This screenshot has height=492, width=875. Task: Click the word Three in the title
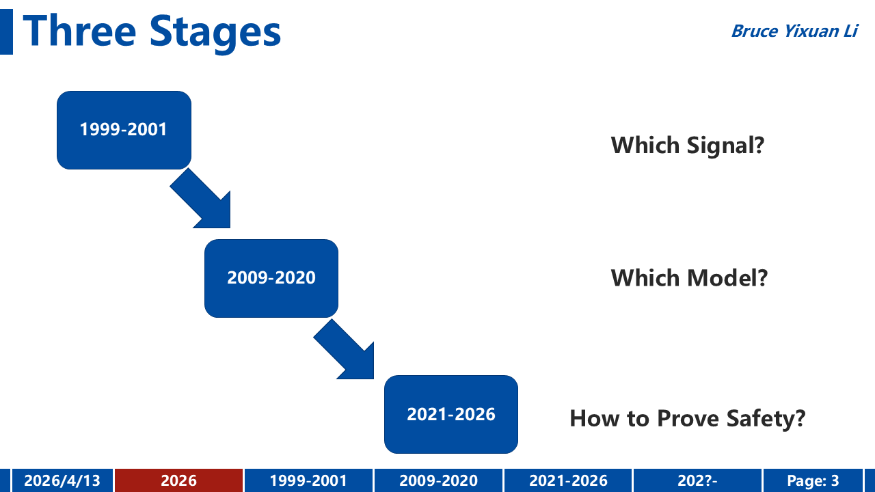pyautogui.click(x=80, y=31)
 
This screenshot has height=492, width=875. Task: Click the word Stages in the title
pyautogui.click(x=215, y=33)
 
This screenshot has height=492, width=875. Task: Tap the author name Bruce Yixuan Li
pyautogui.click(x=794, y=31)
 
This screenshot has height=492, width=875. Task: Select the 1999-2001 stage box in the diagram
pyautogui.click(x=124, y=130)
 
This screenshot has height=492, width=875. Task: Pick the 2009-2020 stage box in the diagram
pyautogui.click(x=271, y=278)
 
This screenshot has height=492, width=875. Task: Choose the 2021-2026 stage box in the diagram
pyautogui.click(x=451, y=414)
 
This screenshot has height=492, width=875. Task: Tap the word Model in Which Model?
pyautogui.click(x=727, y=278)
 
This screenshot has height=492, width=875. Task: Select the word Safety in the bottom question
pyautogui.click(x=766, y=420)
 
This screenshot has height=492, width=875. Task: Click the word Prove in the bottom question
pyautogui.click(x=688, y=419)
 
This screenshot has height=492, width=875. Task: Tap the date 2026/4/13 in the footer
pyautogui.click(x=62, y=480)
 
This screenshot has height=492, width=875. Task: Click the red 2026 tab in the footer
pyautogui.click(x=179, y=480)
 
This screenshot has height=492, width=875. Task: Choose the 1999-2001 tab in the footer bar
pyautogui.click(x=308, y=480)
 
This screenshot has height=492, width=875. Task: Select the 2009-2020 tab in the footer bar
pyautogui.click(x=439, y=480)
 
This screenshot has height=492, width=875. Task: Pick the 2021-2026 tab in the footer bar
pyautogui.click(x=568, y=480)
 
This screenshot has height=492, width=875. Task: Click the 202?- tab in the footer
pyautogui.click(x=698, y=480)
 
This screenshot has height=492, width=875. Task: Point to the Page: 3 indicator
pyautogui.click(x=813, y=480)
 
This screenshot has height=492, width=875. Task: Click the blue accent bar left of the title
pyautogui.click(x=6, y=31)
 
